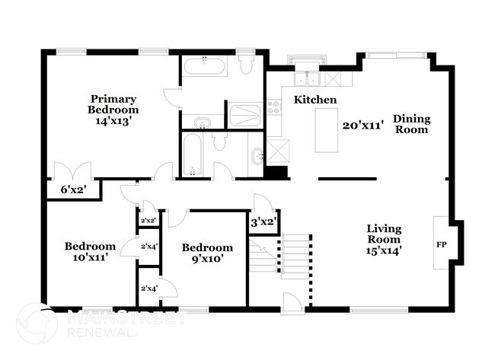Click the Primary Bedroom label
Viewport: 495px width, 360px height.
tap(113, 104)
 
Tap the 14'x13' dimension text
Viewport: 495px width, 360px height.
tap(113, 120)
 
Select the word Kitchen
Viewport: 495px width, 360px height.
tap(315, 100)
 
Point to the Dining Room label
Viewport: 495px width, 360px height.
tap(411, 124)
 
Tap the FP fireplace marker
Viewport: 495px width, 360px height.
tap(441, 246)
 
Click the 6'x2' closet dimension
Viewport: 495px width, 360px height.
tap(72, 190)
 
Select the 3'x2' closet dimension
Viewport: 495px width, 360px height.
tap(263, 222)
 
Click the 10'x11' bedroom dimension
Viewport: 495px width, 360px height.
tap(90, 257)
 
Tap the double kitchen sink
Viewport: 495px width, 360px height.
tap(308, 78)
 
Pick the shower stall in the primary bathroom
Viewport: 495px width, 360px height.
tap(245, 115)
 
